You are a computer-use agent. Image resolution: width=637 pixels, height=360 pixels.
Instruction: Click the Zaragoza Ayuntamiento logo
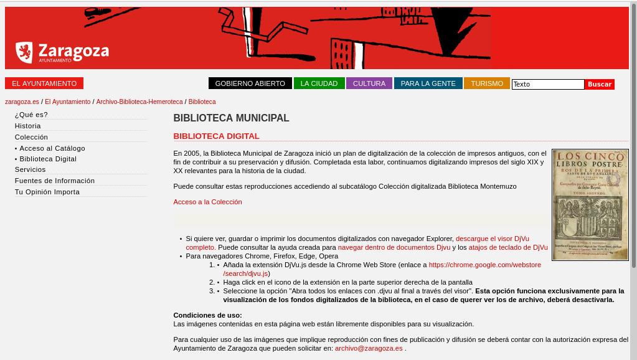62,52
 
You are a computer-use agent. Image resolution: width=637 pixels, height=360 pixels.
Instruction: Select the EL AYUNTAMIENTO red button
44,83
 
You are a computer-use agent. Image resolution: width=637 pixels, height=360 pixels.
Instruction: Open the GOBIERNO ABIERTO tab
250,83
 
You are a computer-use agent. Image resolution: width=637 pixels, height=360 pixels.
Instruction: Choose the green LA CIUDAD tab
319,83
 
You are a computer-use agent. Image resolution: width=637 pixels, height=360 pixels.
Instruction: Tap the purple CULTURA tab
369,83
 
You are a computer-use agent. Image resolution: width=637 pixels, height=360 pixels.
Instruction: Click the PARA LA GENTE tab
428,83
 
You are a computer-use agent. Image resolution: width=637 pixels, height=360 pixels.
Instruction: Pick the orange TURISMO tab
487,83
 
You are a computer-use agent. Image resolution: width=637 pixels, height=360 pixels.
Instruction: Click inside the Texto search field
547,84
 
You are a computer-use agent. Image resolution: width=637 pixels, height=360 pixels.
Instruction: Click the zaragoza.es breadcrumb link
22,102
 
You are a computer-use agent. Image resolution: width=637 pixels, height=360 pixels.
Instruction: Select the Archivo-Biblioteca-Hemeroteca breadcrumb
139,102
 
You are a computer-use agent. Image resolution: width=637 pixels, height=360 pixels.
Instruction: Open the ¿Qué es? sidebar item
31,115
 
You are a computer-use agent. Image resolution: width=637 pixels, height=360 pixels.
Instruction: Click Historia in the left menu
28,126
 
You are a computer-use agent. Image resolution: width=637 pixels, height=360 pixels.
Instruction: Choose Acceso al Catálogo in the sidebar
52,148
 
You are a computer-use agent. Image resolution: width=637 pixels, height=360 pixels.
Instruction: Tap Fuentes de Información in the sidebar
55,181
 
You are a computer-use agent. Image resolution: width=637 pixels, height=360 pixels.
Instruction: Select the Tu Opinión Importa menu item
47,192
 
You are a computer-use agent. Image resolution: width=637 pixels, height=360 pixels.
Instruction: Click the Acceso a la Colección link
207,202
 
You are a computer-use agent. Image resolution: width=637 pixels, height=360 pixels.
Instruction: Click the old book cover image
590,204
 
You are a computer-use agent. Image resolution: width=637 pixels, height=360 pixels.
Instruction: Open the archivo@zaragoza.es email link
369,348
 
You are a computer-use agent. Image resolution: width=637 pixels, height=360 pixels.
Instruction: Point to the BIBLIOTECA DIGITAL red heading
216,136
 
